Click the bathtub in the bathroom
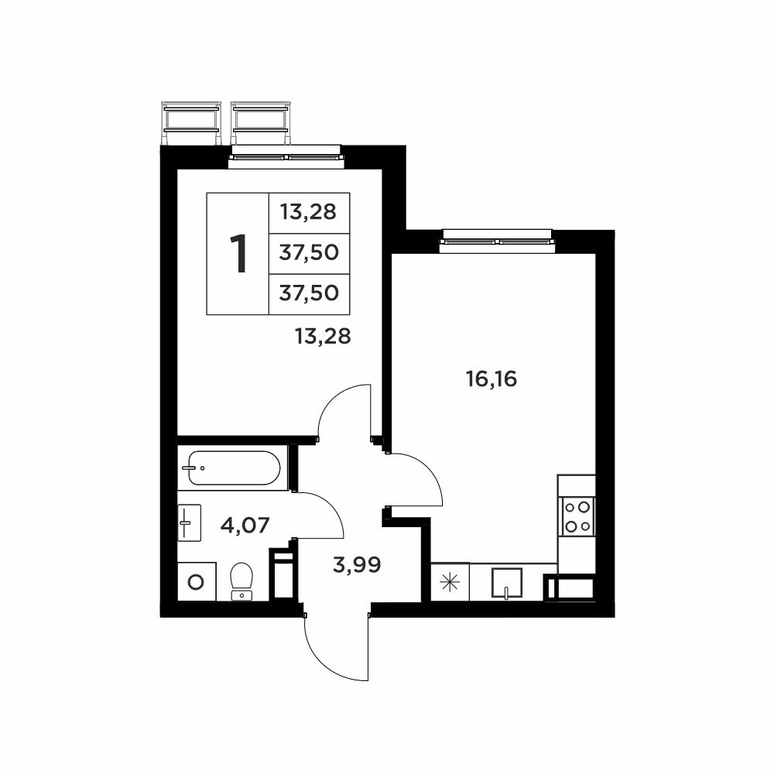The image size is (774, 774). pos(235,467)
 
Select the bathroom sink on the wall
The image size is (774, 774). pos(189,522)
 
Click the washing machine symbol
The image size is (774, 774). pos(197,581)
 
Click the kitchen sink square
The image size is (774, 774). pos(507,583)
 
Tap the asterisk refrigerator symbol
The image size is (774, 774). pos(450,583)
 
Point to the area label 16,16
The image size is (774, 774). pos(491,379)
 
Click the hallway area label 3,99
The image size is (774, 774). pos(357,564)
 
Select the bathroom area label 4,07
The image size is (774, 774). pos(245,525)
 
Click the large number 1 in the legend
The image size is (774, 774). pos(238,254)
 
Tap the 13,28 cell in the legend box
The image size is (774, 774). pos(309,213)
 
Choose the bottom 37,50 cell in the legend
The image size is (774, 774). pos(309,294)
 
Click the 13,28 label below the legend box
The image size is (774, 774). pos(323,336)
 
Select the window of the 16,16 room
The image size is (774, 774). pos(497,241)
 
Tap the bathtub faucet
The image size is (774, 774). pos(190,467)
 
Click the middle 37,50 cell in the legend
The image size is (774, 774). pos(309,254)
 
